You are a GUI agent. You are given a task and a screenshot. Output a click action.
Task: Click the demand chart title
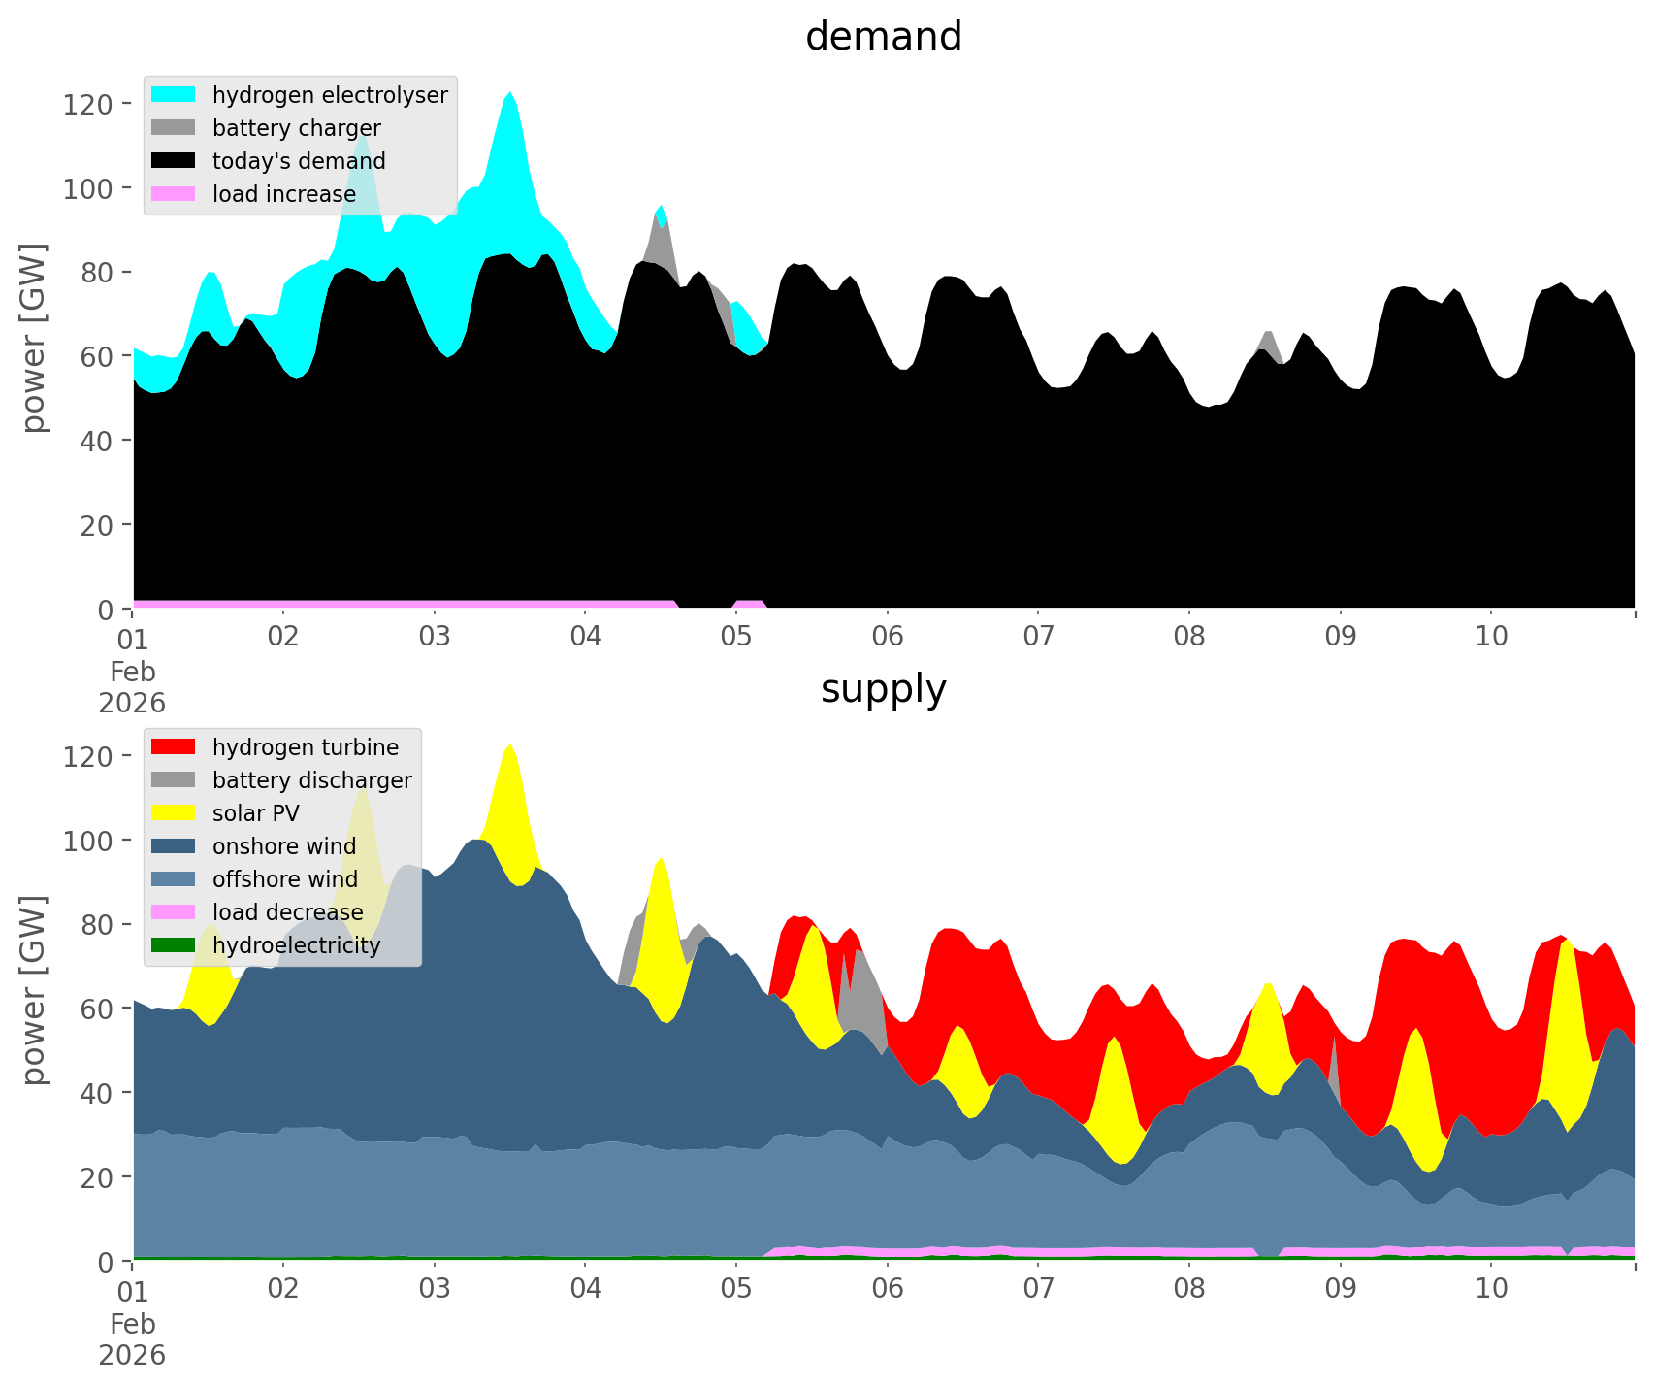[883, 37]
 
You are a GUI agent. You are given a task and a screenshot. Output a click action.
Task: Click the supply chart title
[883, 689]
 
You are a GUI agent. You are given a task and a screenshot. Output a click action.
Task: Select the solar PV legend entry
[255, 813]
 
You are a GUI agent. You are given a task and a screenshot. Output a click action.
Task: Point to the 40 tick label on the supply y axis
[96, 1093]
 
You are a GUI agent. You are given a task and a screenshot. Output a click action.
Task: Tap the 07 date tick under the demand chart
[1038, 638]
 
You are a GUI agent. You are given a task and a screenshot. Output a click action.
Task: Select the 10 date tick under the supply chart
[1491, 1290]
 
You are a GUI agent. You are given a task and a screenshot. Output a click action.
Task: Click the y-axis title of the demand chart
[34, 338]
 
